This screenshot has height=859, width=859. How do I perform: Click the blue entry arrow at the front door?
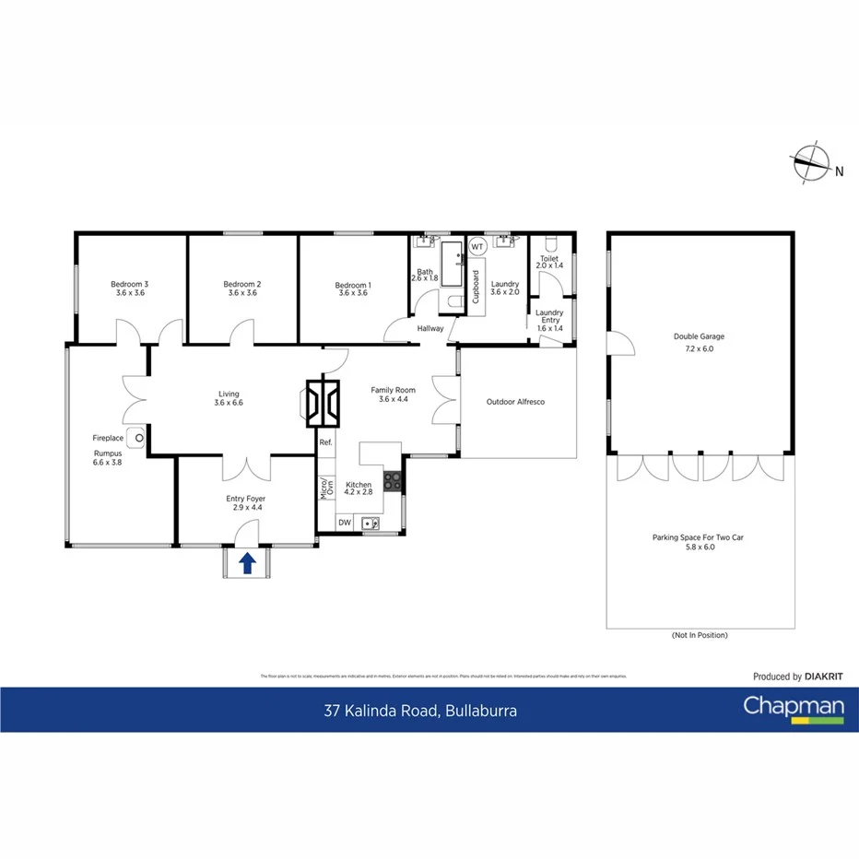click(248, 563)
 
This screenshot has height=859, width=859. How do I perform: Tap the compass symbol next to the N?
click(810, 163)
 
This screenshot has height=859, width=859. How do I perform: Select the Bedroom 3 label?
click(130, 288)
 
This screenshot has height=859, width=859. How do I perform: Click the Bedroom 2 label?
click(242, 288)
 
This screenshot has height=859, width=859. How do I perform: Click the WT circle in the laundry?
click(477, 247)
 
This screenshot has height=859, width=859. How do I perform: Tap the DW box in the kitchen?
click(344, 523)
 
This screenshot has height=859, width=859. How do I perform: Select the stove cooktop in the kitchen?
click(392, 480)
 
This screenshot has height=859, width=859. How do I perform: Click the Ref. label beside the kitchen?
click(325, 443)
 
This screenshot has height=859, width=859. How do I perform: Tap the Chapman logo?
click(793, 709)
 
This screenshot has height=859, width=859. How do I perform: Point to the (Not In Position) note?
click(700, 636)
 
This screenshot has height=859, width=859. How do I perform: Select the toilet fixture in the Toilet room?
click(549, 244)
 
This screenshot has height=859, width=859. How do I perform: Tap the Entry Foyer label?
click(245, 503)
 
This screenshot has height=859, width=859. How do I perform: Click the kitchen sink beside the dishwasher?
click(371, 523)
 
